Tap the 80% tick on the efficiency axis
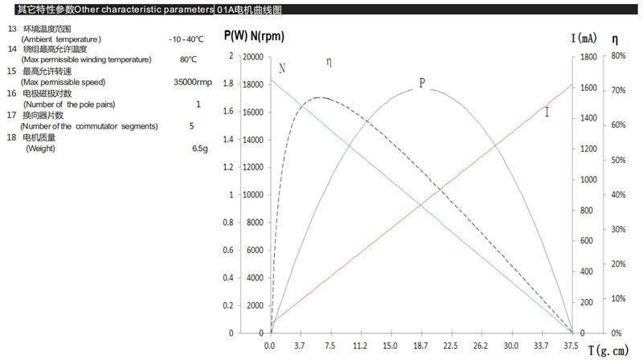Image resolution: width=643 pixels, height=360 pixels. point(618,57)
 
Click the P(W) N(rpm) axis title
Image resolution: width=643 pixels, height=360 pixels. point(254,36)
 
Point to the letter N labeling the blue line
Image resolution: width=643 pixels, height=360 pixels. point(281,69)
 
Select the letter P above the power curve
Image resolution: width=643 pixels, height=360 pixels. point(421,84)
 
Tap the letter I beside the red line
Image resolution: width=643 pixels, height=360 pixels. point(547,112)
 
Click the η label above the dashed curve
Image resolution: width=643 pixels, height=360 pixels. point(329,63)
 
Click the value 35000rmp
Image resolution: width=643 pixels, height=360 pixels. point(193,83)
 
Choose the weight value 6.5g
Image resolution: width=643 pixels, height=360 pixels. point(199,149)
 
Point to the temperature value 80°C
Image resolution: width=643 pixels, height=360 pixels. point(189,60)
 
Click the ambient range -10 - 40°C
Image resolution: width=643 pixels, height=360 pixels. point(186,39)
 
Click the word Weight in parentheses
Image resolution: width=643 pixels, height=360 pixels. point(40,149)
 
